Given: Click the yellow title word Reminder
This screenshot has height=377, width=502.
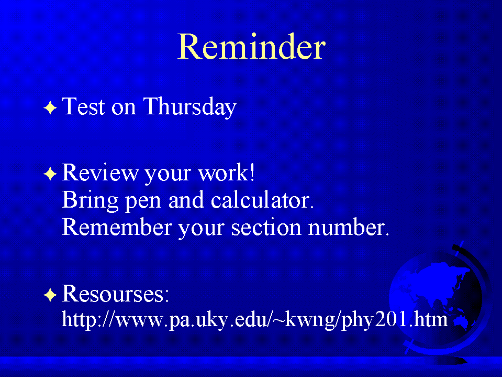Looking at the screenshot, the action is pyautogui.click(x=251, y=47).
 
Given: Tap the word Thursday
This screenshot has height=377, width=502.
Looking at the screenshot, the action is pyautogui.click(x=190, y=106).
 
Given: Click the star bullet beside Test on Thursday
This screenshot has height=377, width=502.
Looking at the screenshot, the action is pyautogui.click(x=50, y=107).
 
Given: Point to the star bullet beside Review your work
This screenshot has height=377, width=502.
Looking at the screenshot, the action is pyautogui.click(x=50, y=174).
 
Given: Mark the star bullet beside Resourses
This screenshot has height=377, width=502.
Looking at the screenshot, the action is pyautogui.click(x=50, y=295).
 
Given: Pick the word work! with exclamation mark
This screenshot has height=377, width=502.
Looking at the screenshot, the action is pyautogui.click(x=226, y=173).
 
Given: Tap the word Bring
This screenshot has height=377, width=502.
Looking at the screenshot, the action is pyautogui.click(x=90, y=201).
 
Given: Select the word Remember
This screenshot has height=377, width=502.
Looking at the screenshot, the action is pyautogui.click(x=117, y=227).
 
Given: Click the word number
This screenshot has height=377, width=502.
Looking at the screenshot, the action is pyautogui.click(x=348, y=227).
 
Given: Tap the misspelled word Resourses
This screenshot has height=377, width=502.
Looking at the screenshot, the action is pyautogui.click(x=115, y=293).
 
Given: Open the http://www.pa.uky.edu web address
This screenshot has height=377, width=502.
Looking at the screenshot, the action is pyautogui.click(x=254, y=320).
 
